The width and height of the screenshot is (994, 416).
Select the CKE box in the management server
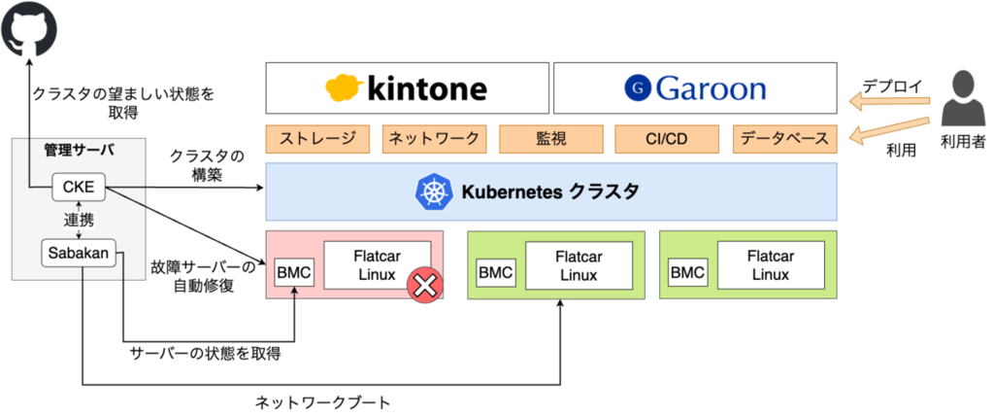(79, 187)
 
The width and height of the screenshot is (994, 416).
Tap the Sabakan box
(79, 254)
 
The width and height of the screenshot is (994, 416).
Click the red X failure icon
(425, 285)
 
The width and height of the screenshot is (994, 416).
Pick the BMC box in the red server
(293, 273)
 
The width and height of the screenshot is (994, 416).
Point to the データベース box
(784, 139)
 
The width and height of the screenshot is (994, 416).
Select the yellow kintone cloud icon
(345, 88)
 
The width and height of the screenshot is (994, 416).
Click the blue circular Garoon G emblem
(638, 88)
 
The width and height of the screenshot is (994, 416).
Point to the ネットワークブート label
(323, 402)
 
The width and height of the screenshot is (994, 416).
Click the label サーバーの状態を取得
(205, 354)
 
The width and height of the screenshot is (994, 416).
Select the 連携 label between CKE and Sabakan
(78, 220)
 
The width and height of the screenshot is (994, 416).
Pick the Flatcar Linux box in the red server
(378, 264)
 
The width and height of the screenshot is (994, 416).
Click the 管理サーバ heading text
(79, 151)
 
